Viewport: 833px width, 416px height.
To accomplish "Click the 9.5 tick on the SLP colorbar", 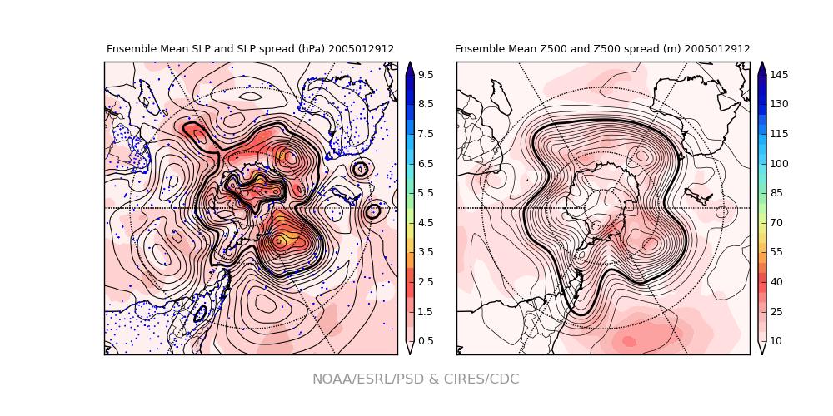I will click(x=425, y=75).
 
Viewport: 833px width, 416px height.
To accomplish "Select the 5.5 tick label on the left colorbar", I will click(x=425, y=193).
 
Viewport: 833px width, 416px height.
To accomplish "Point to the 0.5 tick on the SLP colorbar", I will click(x=425, y=341).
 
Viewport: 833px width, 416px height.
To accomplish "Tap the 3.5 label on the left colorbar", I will click(x=425, y=252).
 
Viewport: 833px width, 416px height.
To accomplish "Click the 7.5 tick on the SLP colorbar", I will click(x=425, y=134).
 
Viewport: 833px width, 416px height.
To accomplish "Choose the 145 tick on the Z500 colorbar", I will click(x=779, y=75).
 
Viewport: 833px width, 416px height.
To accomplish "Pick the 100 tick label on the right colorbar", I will click(x=779, y=163).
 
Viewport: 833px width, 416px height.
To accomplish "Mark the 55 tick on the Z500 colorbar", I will click(x=779, y=252).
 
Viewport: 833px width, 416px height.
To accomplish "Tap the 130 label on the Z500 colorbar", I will click(x=779, y=104).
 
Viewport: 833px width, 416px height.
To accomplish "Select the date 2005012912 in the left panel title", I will click(x=361, y=50).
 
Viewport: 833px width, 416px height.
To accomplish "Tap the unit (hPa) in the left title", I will click(x=310, y=50).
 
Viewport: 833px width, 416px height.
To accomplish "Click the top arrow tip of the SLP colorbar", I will click(x=410, y=63).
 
